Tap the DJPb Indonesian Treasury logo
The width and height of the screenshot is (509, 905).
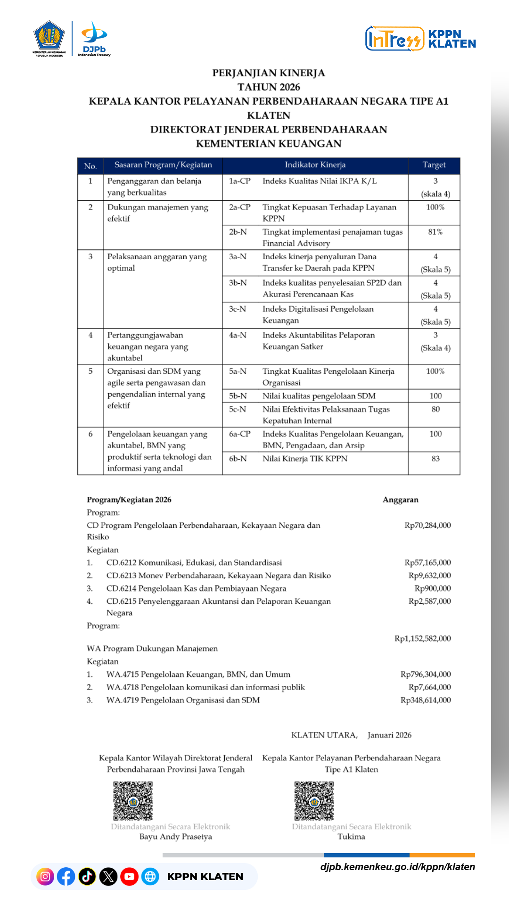[94, 39]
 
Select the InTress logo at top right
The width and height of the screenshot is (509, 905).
[394, 39]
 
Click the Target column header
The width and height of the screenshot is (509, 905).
[434, 165]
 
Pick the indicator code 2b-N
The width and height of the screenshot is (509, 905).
[238, 232]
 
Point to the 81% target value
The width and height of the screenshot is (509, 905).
[435, 232]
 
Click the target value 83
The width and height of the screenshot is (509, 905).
[435, 459]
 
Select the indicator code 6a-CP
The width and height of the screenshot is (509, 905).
[239, 434]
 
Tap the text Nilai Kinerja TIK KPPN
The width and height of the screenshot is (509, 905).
[304, 459]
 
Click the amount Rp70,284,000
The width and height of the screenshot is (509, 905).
[427, 525]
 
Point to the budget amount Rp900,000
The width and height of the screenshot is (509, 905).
[433, 588]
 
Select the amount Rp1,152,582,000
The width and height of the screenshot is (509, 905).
[422, 638]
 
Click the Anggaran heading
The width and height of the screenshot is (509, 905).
[400, 500]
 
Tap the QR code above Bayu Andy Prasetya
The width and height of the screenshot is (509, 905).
[133, 801]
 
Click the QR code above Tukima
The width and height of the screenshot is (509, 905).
[314, 801]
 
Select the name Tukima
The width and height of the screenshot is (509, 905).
[351, 837]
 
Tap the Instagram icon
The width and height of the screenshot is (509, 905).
[45, 877]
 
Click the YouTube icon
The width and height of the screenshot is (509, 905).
[129, 877]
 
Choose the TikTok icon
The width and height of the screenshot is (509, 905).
[87, 877]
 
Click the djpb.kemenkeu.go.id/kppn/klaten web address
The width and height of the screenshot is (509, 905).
[397, 867]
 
